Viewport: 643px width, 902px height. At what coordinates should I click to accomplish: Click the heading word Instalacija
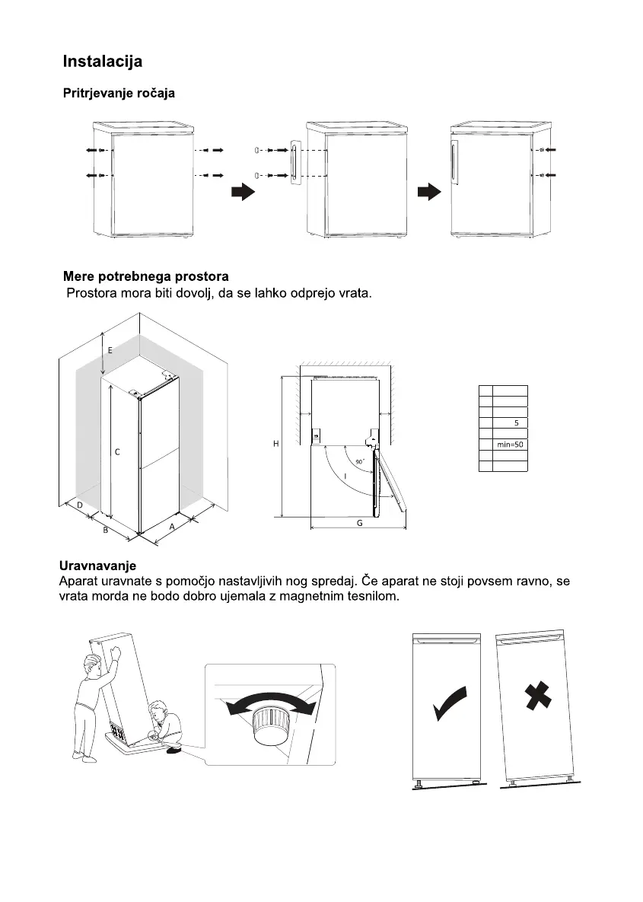(102, 61)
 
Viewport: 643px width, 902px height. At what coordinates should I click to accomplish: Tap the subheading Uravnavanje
(97, 566)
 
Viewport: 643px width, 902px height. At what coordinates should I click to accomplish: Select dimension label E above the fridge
(110, 350)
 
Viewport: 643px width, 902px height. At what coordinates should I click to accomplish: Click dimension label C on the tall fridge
(117, 452)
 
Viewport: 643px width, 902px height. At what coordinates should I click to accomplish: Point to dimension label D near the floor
(79, 505)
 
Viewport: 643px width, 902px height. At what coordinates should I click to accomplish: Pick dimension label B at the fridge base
(106, 531)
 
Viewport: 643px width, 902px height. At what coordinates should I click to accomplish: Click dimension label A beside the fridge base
(172, 526)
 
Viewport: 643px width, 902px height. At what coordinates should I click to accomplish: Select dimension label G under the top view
(359, 524)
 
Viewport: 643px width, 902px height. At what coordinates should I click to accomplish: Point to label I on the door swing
(345, 476)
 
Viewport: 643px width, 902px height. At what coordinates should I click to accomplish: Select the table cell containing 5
(516, 422)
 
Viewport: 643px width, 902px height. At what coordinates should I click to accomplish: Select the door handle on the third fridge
(456, 161)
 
